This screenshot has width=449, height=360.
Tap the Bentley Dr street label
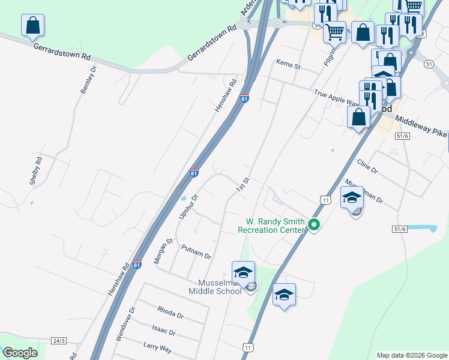point(89,80)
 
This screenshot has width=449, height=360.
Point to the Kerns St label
point(288,64)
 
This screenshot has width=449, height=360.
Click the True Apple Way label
point(337,97)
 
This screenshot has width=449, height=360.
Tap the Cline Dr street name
point(367,166)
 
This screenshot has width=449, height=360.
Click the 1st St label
point(242,185)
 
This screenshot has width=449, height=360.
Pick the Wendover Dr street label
point(125,325)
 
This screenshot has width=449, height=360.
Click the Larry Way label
point(158,347)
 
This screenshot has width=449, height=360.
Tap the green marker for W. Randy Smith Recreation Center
point(313,225)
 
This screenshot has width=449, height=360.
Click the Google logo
point(20,353)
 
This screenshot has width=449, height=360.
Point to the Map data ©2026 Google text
point(412,355)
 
